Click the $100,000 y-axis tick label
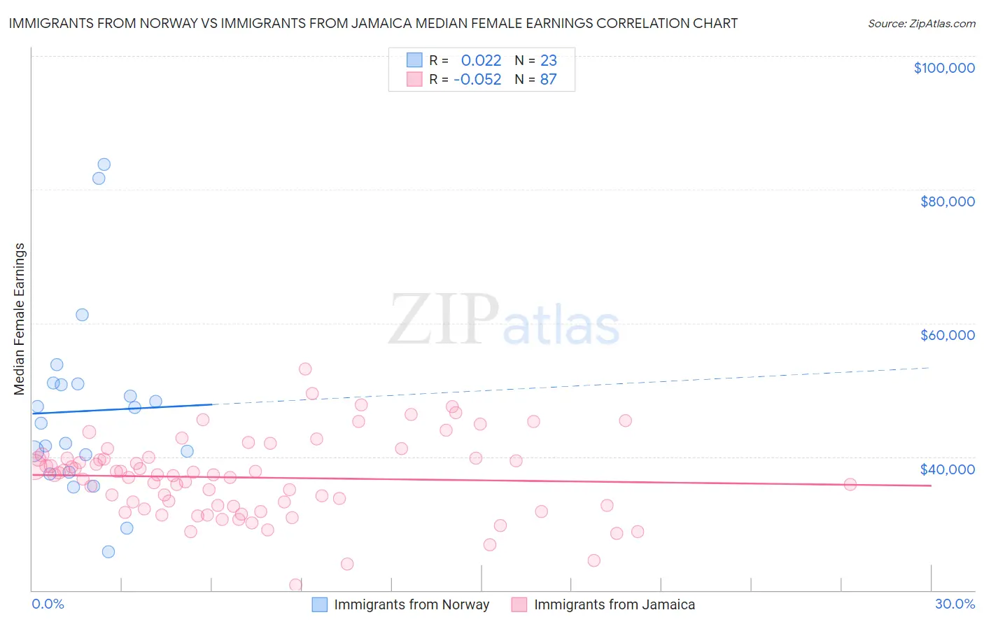(944, 68)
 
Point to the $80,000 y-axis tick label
(947, 201)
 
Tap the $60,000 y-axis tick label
(947, 335)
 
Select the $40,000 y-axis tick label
(947, 469)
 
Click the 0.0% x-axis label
(48, 604)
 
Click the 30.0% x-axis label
(955, 604)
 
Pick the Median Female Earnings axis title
(20, 319)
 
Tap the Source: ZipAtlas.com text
(921, 23)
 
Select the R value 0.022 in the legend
(481, 60)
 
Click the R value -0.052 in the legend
(477, 80)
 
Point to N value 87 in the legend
(548, 80)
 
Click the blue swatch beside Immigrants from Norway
(320, 604)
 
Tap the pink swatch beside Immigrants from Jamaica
(519, 604)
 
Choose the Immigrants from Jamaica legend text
(614, 604)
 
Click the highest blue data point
(104, 164)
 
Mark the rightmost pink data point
(850, 484)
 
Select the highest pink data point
(304, 369)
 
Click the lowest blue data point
(108, 551)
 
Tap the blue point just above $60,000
(82, 315)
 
